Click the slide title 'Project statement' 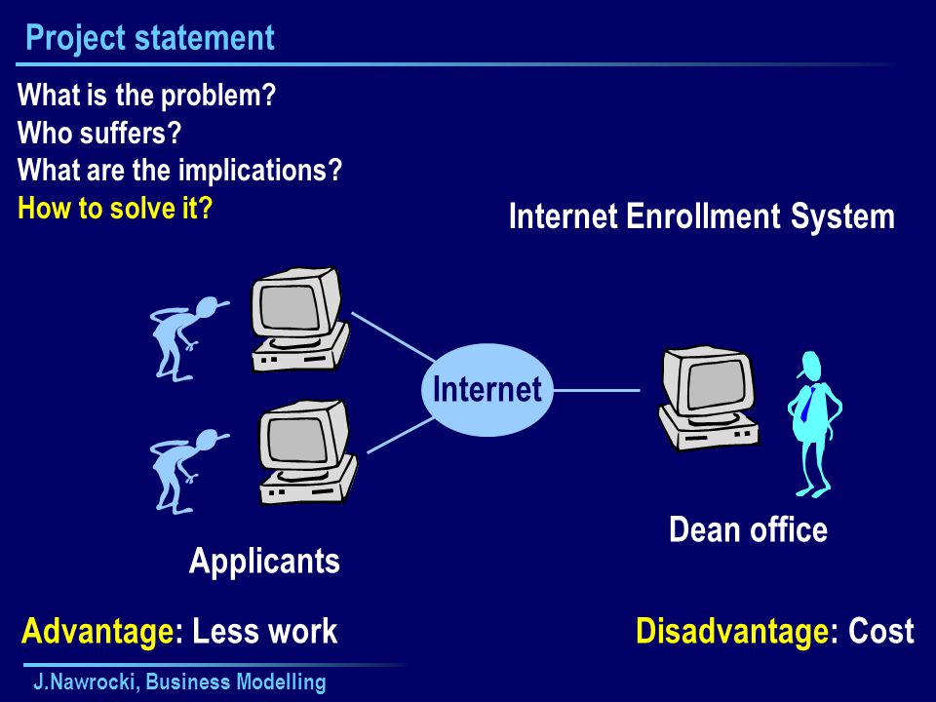click(x=150, y=38)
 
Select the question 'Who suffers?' click(x=99, y=133)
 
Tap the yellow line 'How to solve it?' click(x=115, y=208)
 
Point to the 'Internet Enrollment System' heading click(x=701, y=215)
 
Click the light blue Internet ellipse click(x=487, y=390)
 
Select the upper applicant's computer click(x=299, y=320)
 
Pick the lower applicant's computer click(x=307, y=452)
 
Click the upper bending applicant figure click(x=187, y=338)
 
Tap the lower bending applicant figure click(x=187, y=471)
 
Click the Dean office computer click(x=708, y=399)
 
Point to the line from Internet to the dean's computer click(x=597, y=391)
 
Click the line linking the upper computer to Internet click(x=393, y=336)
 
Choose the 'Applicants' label click(x=264, y=562)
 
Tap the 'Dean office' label click(x=749, y=529)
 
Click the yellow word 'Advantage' click(x=97, y=632)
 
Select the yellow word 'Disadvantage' click(x=732, y=632)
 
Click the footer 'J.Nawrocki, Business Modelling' click(x=179, y=682)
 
